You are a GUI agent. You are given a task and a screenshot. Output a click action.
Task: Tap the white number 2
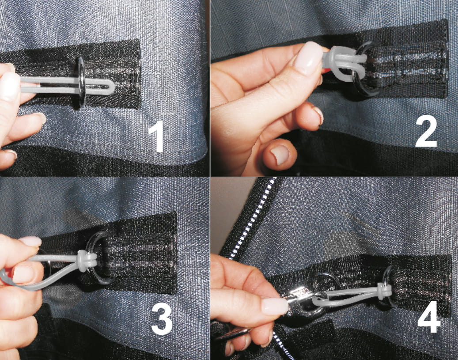point(426,131)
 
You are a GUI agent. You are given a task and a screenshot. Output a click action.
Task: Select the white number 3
point(162,319)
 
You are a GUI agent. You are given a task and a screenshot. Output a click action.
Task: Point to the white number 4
point(429,317)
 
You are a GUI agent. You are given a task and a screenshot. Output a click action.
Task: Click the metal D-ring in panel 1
point(82,82)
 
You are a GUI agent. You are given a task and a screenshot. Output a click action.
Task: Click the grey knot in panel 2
point(344,63)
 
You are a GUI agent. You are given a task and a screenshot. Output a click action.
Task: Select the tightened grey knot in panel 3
point(86,260)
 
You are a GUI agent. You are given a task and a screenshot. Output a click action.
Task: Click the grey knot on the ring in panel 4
point(384,291)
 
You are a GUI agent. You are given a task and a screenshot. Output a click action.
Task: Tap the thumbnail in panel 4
point(274,306)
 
